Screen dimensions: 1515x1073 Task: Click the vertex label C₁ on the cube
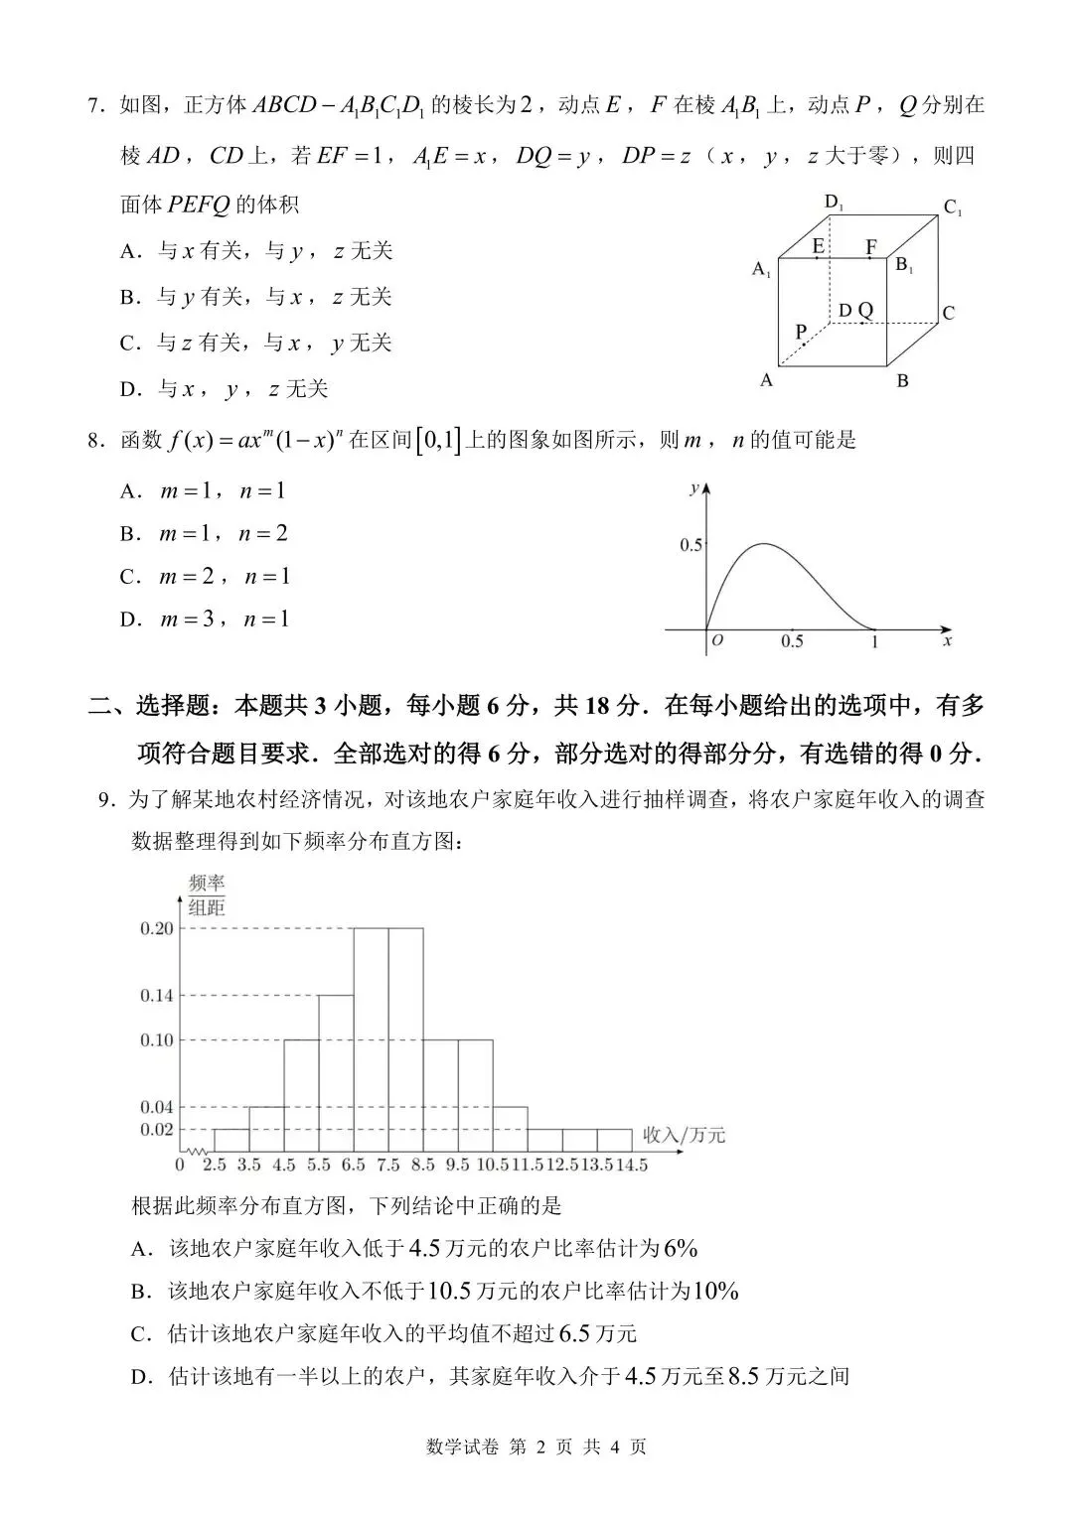(952, 208)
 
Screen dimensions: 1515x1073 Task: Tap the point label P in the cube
(801, 332)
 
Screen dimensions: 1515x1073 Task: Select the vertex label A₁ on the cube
(762, 269)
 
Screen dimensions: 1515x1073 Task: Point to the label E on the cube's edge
(818, 246)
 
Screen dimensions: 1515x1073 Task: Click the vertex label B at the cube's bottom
(902, 380)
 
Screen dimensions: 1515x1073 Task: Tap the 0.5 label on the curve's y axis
(690, 545)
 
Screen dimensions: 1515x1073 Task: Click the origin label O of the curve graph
(717, 641)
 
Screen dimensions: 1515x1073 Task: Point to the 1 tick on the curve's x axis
(874, 642)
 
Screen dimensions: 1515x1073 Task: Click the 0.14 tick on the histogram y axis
(156, 996)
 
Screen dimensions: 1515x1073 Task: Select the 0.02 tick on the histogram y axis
(156, 1130)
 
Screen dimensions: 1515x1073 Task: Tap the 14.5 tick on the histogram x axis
(630, 1165)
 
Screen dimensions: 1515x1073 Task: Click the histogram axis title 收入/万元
(684, 1134)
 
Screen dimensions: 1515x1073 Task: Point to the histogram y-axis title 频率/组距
(207, 894)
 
